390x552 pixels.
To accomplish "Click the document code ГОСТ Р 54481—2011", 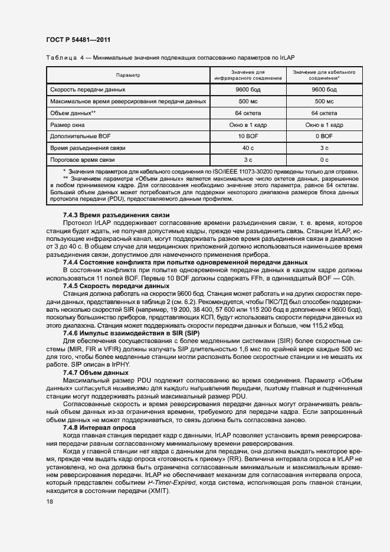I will point(78,40).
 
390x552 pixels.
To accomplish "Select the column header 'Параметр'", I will point(128,76).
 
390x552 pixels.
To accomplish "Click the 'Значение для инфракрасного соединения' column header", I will point(248,76).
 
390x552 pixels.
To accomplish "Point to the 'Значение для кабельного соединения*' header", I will point(324,76).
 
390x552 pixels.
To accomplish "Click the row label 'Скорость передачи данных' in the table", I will point(88,90).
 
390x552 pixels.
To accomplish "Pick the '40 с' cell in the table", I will point(248,148).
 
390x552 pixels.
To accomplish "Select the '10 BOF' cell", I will point(248,136).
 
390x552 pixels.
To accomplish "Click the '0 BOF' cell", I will point(324,136).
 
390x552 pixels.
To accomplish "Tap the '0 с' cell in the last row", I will point(324,159).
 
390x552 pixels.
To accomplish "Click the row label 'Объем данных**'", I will point(73,113).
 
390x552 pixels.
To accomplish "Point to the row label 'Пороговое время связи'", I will point(83,159).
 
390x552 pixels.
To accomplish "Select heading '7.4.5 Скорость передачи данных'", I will point(116,286).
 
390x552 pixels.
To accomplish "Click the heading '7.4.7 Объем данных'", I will point(96,373).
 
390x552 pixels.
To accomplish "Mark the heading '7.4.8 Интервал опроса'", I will point(100,427).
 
